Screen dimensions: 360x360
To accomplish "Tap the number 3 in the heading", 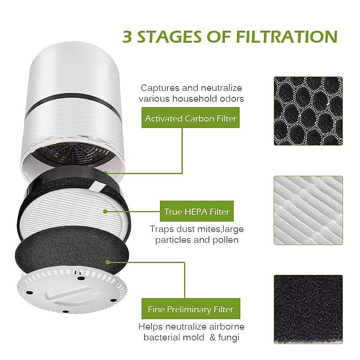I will pyautogui.click(x=127, y=37).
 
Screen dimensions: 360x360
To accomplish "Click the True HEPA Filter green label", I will pyautogui.click(x=196, y=211).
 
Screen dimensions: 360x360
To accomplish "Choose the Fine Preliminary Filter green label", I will pyautogui.click(x=190, y=309).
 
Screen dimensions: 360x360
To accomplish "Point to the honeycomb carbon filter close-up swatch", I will pyautogui.click(x=308, y=111).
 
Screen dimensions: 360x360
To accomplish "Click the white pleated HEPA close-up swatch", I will pyautogui.click(x=308, y=210).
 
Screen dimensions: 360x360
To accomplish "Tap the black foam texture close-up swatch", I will pyautogui.click(x=308, y=309).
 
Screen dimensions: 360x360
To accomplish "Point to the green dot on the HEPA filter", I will pyautogui.click(x=105, y=211).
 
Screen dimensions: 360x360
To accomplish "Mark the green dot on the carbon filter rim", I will pyautogui.click(x=106, y=172).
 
